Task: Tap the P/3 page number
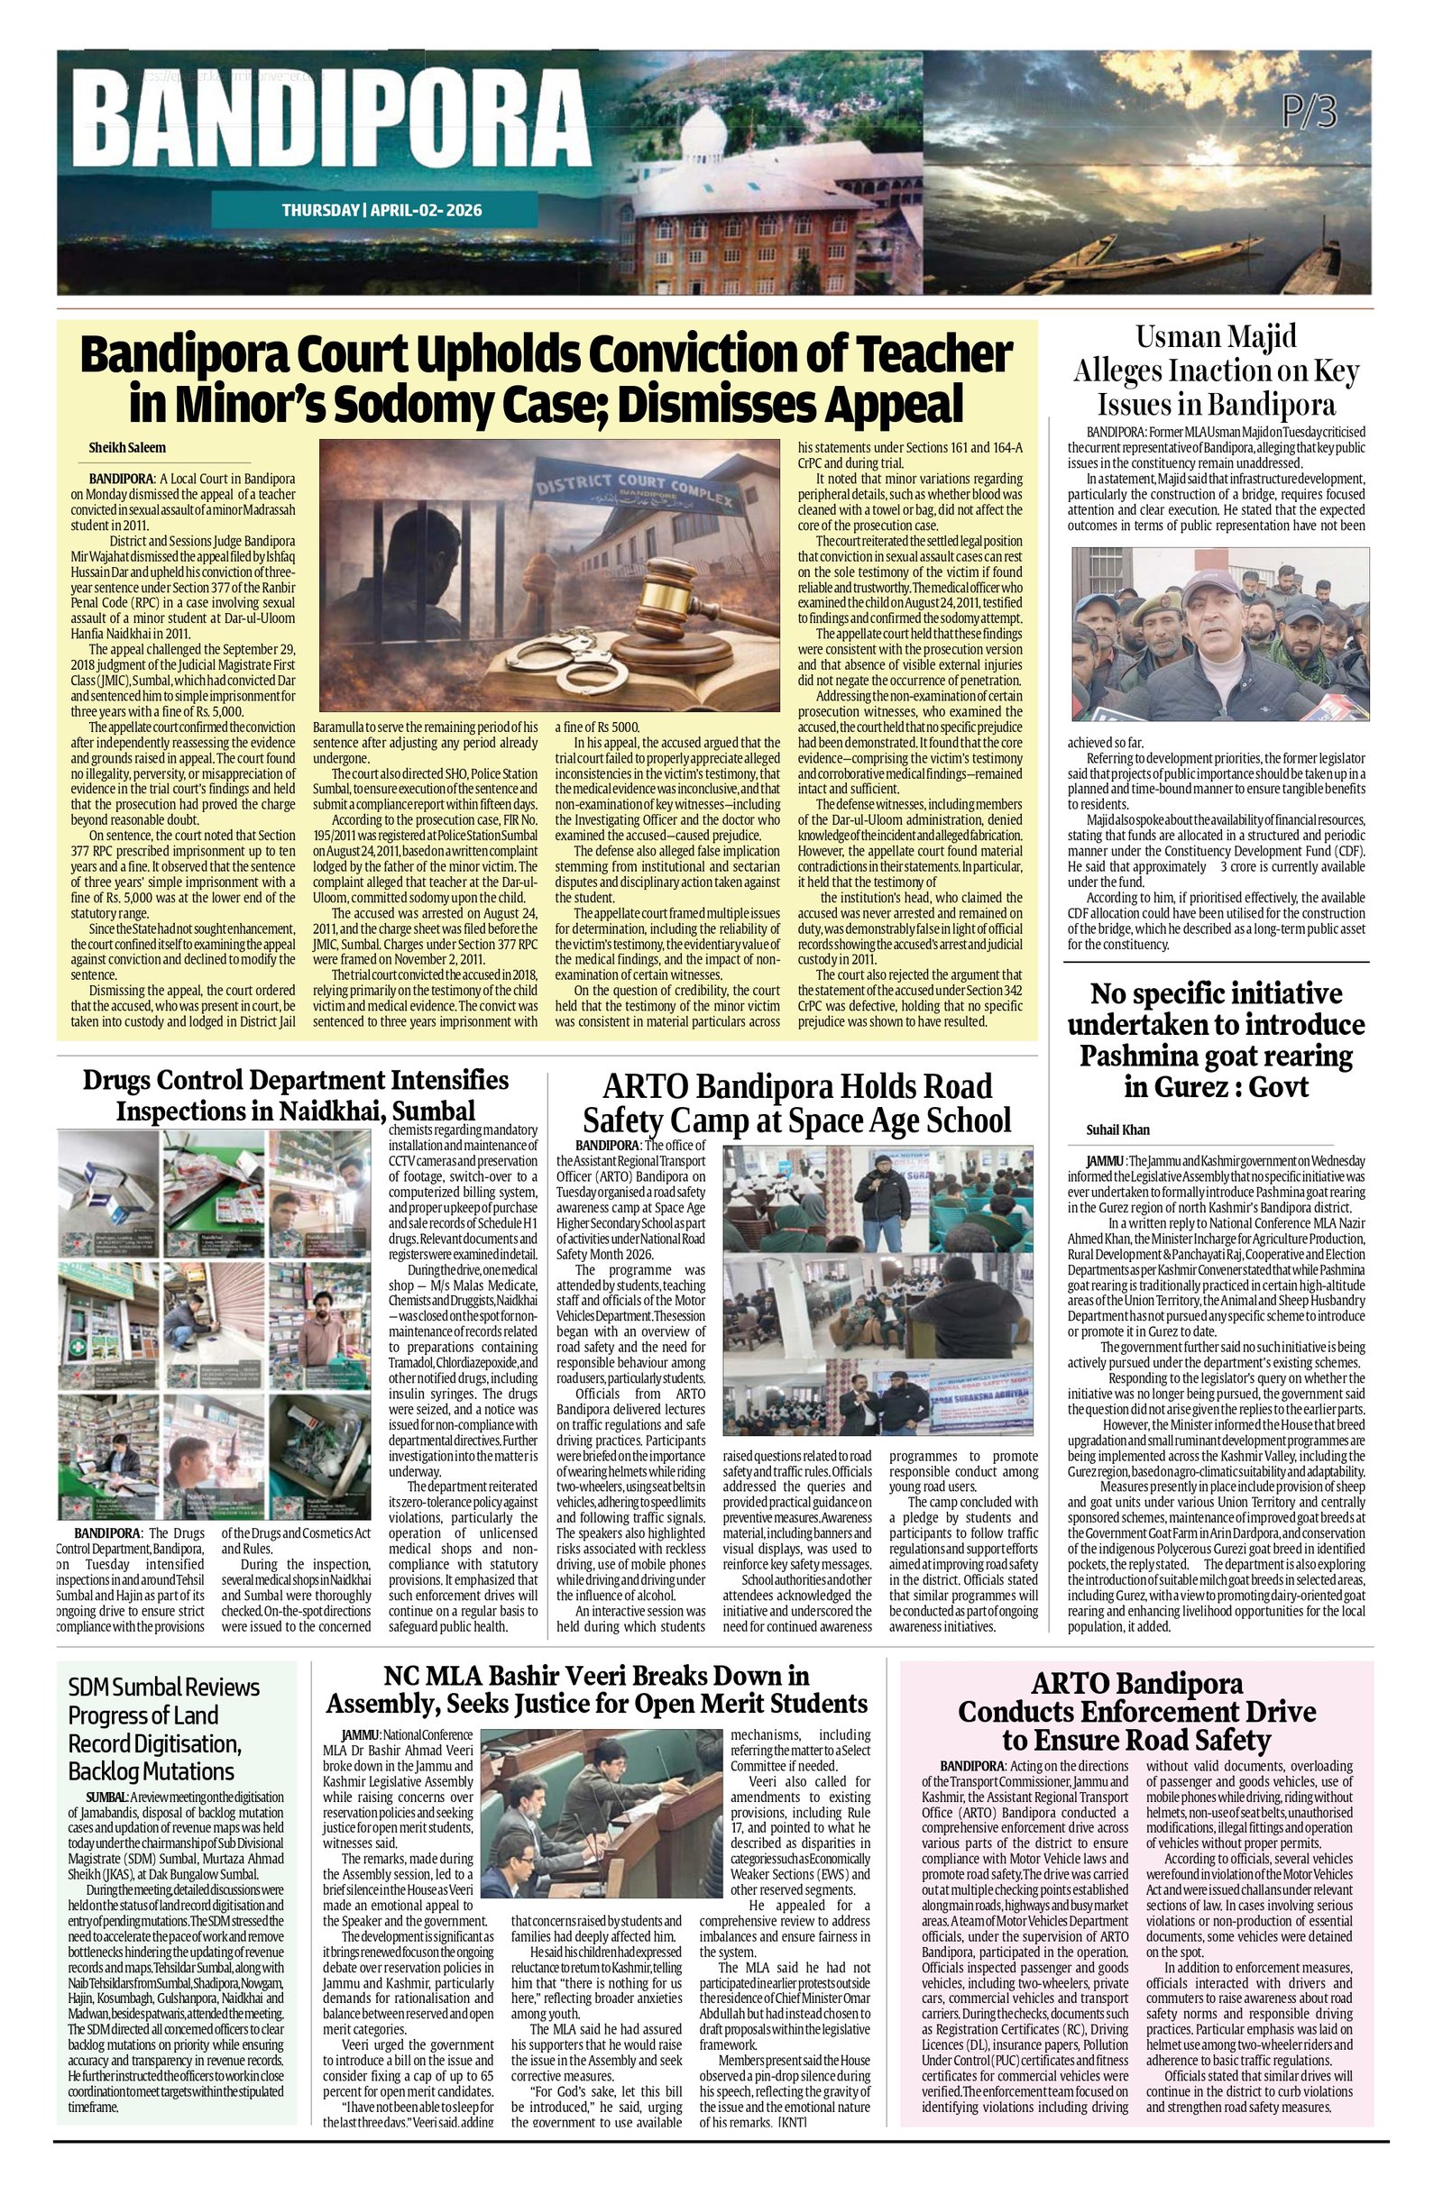pyautogui.click(x=1309, y=112)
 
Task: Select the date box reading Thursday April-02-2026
pyautogui.click(x=381, y=210)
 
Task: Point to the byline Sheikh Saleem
pyautogui.click(x=127, y=447)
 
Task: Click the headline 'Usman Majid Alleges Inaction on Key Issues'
pyautogui.click(x=1215, y=370)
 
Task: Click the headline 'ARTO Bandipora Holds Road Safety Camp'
pyautogui.click(x=796, y=1102)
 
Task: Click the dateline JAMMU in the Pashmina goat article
pyautogui.click(x=1105, y=1161)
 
